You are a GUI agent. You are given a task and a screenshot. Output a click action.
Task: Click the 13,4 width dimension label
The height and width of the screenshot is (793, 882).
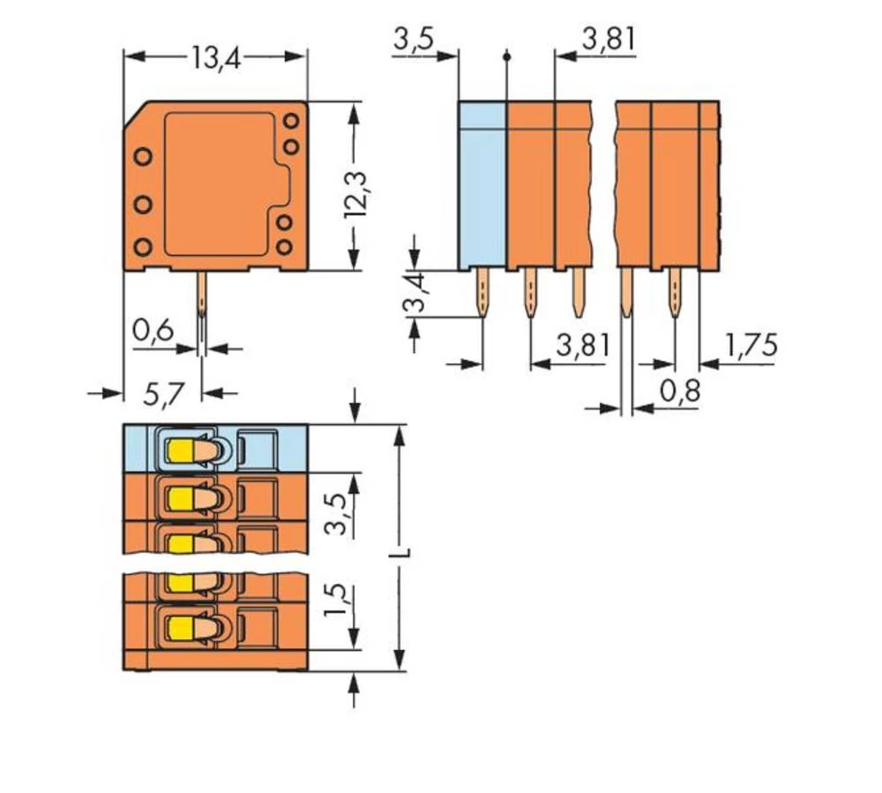coord(215,59)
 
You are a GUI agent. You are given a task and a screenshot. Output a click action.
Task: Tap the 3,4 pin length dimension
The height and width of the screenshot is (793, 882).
coord(414,295)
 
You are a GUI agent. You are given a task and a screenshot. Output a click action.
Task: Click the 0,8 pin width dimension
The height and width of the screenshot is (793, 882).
coord(679,390)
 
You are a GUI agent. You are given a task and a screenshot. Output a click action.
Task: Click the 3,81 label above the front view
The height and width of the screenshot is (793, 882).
coord(608,40)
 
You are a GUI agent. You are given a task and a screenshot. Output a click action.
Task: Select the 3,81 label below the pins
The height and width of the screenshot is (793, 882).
coord(582,345)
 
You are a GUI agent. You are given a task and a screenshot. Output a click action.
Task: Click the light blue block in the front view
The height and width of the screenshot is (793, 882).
coord(482,185)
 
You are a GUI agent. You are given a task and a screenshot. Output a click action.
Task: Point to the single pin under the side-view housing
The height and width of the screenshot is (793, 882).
coord(202,296)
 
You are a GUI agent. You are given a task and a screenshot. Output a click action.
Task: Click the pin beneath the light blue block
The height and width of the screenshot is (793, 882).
coord(483,293)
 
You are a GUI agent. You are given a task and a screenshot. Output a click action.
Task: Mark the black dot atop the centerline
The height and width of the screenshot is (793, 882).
coord(506,57)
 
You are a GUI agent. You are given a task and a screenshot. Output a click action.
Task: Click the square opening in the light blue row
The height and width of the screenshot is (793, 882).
coord(258,450)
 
